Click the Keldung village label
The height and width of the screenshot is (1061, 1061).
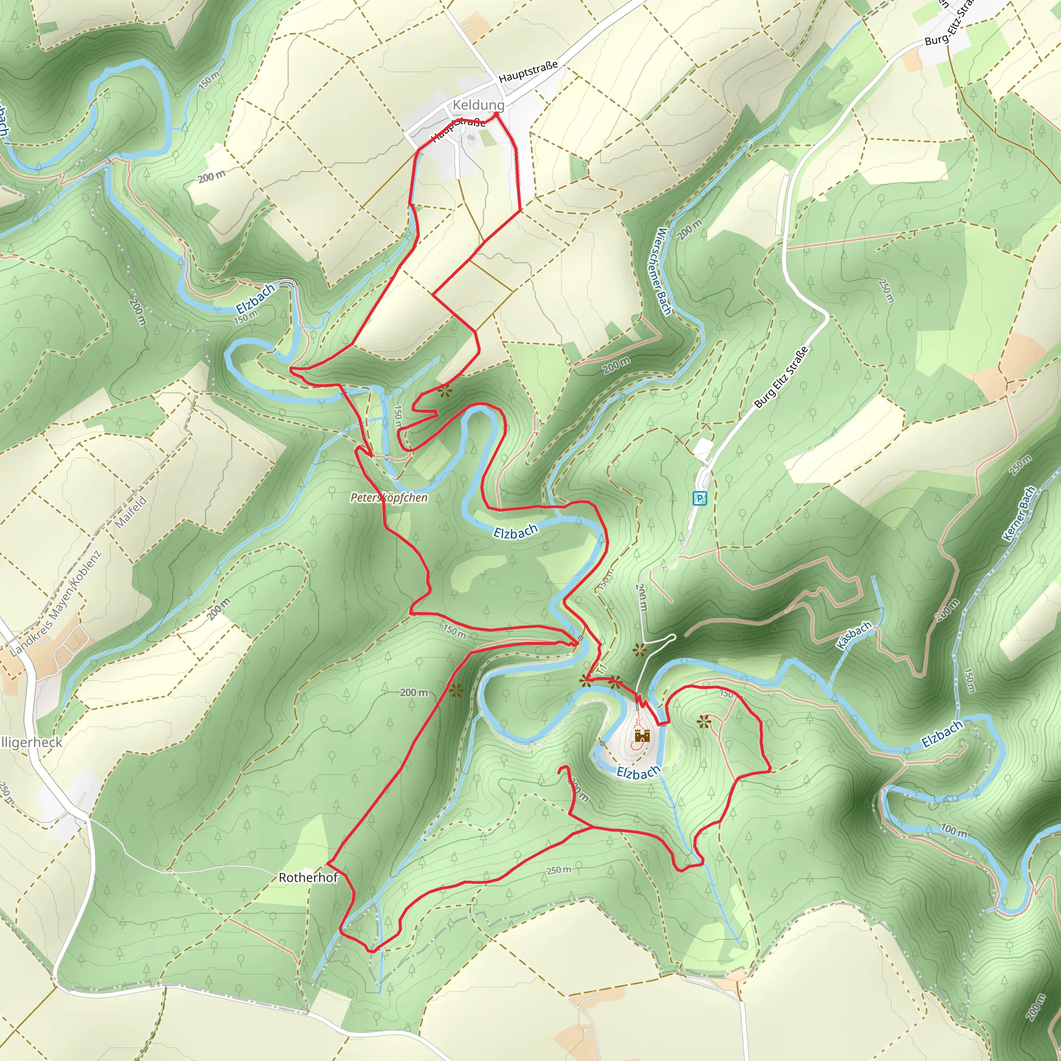coord(478,105)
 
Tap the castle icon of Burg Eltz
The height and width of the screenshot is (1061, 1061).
coord(642,736)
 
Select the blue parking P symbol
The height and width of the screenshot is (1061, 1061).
coord(699,499)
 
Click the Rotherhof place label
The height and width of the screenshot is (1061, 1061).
coord(308,878)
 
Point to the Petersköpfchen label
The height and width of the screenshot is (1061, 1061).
coord(389,497)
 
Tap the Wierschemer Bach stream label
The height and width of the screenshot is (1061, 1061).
coord(664,271)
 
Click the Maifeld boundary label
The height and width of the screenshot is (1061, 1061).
coord(131,512)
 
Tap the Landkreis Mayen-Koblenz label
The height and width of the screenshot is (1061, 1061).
coord(56,604)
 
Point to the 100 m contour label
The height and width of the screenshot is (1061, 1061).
coord(954,830)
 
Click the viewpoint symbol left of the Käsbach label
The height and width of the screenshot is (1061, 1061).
coord(639,651)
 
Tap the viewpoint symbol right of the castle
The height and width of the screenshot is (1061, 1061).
coord(704,722)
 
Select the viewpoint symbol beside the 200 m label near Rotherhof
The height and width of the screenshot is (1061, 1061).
coord(456,690)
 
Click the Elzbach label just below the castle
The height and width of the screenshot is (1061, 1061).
coord(638,772)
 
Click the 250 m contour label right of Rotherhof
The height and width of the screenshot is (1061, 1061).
coord(558,870)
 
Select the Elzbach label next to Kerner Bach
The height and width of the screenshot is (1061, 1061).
coord(942,734)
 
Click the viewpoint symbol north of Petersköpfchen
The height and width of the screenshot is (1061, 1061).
coord(445,392)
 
